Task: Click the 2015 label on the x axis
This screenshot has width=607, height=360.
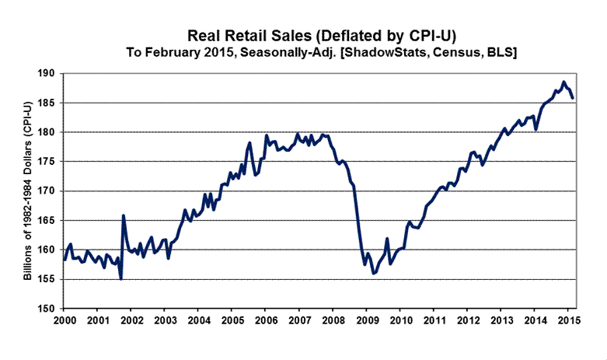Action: [x=568, y=320]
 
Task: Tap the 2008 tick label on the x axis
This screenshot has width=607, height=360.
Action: [x=333, y=320]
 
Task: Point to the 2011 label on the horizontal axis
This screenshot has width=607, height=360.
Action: [x=434, y=320]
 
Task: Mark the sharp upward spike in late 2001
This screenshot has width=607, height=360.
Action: [x=124, y=215]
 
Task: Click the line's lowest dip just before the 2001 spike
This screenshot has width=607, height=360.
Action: [x=120, y=278]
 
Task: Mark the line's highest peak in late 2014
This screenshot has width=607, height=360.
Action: [x=563, y=82]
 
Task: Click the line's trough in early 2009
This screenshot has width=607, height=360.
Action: [x=374, y=273]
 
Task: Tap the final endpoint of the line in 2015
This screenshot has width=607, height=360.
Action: [x=573, y=98]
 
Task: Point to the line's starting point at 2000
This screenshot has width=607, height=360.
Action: [x=65, y=259]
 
